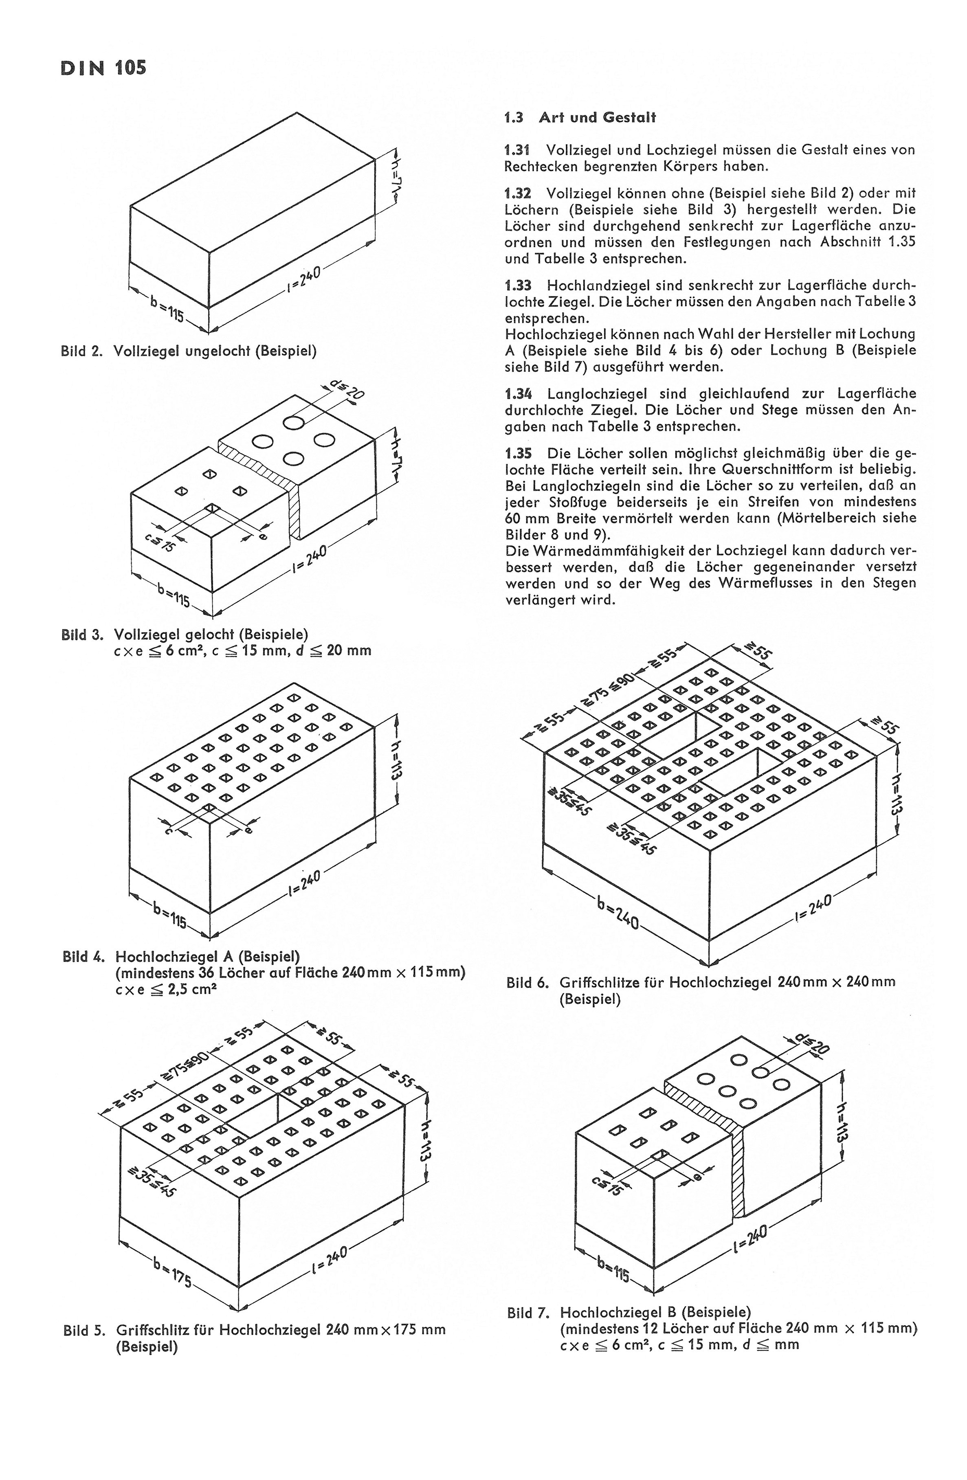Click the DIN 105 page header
(x=103, y=68)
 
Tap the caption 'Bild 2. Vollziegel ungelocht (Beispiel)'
(x=189, y=351)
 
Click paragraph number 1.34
(x=517, y=394)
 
